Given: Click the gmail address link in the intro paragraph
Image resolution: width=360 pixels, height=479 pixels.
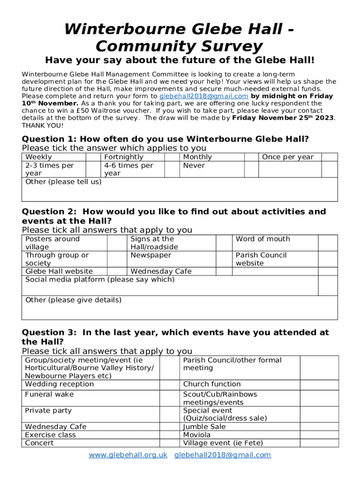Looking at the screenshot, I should coord(204,96).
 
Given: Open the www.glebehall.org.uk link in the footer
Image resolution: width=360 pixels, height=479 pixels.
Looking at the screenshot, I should coord(128,455).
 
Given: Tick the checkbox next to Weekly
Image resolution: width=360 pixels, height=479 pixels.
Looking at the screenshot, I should coord(94,157).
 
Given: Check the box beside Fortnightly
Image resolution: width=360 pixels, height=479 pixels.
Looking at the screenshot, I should coord(172,157).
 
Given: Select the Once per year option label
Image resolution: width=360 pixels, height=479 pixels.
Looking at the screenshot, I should coord(288,157).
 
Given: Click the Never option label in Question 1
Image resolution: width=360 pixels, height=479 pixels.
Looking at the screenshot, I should coord(194,166).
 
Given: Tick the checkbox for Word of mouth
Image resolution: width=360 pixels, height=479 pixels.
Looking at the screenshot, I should coord(327,243).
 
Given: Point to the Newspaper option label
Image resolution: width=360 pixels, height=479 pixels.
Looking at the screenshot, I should coord(151,255).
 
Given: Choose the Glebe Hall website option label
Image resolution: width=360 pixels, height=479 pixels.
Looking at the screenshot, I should coord(59,271).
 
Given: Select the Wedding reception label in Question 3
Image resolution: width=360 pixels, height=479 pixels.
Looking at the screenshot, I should coord(59,384).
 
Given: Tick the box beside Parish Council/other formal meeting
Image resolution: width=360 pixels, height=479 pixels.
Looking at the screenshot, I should coord(318,368).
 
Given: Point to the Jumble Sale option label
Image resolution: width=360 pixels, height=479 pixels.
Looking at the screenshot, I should coord(204,427).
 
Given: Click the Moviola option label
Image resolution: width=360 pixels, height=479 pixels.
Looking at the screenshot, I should coord(197,435).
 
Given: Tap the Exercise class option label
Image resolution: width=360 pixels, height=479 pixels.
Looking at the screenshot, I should coord(50,435).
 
